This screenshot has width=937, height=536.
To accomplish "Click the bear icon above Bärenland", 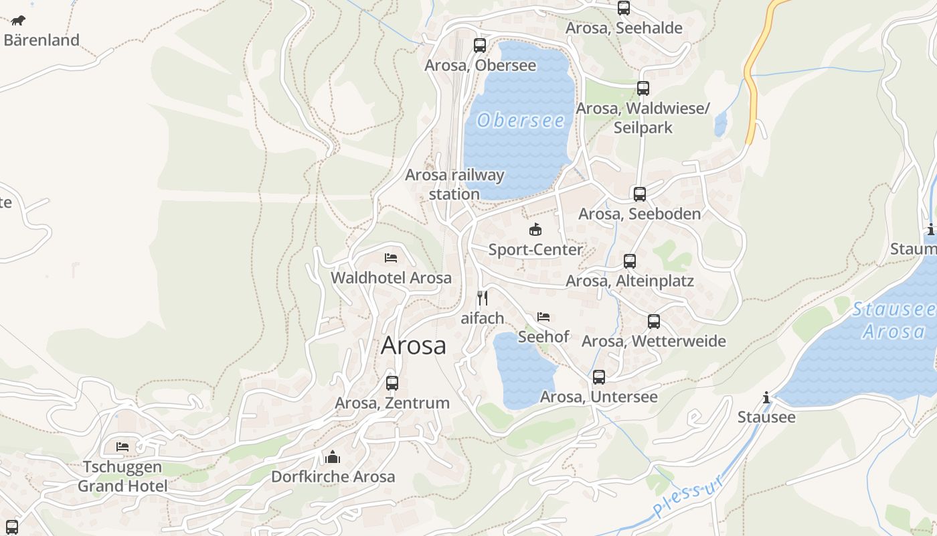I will (18, 20).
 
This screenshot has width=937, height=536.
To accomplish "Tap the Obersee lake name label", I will (521, 121).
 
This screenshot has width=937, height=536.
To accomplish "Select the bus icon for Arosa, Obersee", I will (480, 46).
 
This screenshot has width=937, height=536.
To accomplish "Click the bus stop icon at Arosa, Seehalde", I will (624, 8).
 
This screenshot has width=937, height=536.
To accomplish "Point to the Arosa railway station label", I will (454, 184).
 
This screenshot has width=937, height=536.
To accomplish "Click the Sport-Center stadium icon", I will (535, 230).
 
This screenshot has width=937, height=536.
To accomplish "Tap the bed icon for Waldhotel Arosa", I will (391, 258).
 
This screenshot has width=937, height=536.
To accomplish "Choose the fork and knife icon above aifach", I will (482, 298).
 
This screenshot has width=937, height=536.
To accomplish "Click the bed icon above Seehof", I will (543, 317).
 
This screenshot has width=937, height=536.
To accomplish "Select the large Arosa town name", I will (413, 346).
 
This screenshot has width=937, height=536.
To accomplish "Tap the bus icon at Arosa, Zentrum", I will (392, 383).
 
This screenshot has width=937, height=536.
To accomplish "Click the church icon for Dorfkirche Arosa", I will (333, 457).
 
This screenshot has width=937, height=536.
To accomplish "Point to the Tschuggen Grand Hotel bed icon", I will (122, 447).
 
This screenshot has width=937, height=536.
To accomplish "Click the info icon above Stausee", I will (766, 398).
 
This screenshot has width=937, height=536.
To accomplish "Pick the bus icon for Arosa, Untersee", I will (599, 377).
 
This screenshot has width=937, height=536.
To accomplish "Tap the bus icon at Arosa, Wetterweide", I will (654, 322).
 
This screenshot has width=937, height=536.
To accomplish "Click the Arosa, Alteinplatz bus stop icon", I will (630, 261).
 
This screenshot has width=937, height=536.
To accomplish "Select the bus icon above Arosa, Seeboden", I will (640, 194).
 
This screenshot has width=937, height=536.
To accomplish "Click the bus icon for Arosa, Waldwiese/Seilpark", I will (643, 88).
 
